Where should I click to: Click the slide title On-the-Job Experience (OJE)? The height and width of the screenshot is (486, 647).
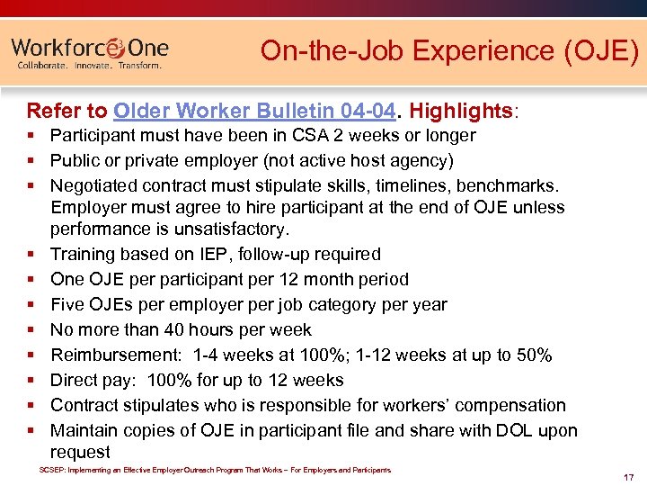(449, 51)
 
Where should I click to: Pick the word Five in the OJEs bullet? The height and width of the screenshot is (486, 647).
(68, 305)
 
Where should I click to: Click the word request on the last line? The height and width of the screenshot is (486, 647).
(80, 453)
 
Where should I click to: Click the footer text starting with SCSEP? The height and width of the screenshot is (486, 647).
(215, 470)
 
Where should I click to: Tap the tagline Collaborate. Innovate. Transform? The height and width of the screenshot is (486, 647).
(90, 66)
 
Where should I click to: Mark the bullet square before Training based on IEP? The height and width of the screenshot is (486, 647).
(31, 255)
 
